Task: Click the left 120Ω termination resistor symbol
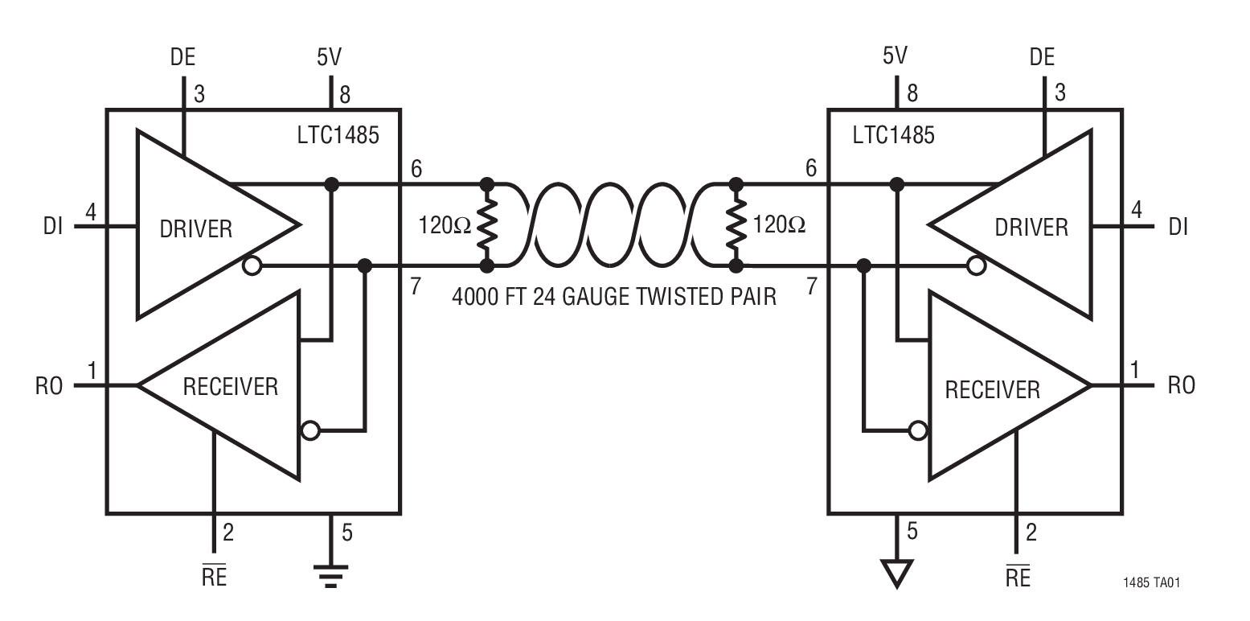[x=486, y=224]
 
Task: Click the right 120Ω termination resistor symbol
[x=733, y=224]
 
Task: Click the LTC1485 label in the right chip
[x=893, y=134]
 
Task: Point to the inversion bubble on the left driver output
[x=252, y=266]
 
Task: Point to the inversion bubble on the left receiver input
[x=309, y=431]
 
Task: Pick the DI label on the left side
[x=53, y=227]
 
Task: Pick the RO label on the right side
[x=1180, y=385]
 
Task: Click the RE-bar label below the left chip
[x=213, y=578]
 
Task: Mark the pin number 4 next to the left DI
[x=91, y=213]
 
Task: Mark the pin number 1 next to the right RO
[x=1135, y=372]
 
